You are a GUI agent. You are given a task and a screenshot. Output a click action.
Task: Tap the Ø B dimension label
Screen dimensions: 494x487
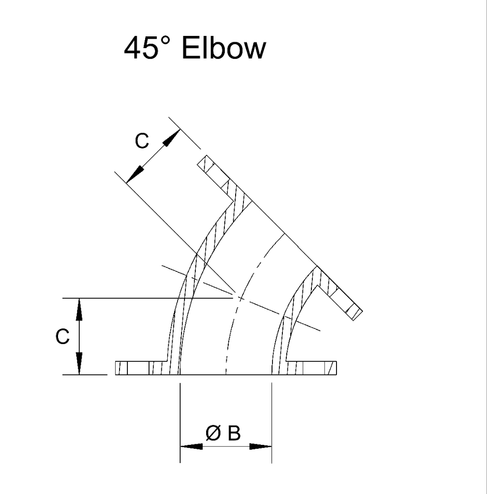(x=224, y=433)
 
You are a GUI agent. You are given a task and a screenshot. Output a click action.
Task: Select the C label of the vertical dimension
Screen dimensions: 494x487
(x=62, y=337)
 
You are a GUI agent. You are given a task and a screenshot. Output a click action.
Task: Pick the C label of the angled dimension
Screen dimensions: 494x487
(x=141, y=141)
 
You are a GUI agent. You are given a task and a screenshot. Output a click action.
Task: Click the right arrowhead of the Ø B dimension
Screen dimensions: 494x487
(x=261, y=447)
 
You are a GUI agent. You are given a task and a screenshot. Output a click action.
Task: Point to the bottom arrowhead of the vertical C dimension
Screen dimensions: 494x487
(x=78, y=364)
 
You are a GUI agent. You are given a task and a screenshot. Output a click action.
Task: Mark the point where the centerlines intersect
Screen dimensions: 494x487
(x=238, y=298)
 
